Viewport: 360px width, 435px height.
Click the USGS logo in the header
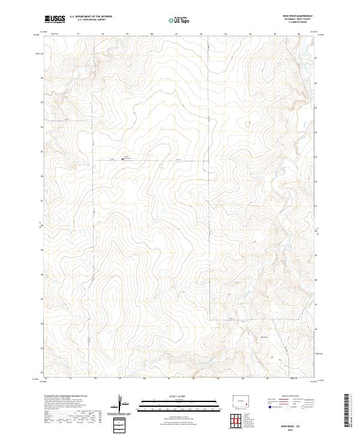[55, 20]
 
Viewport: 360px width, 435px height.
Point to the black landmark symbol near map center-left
[123, 159]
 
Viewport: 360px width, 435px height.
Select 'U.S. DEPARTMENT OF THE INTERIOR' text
[87, 17]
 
